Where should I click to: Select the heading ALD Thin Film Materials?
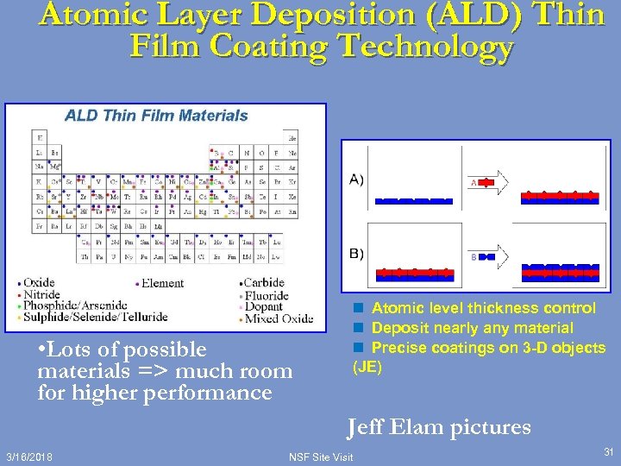point(157,116)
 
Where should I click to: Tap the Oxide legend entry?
point(39,283)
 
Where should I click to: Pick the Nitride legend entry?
point(41,294)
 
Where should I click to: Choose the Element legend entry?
point(163,283)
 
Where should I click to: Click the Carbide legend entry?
point(263,283)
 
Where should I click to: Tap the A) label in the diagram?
point(356,179)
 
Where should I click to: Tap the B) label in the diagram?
point(356,254)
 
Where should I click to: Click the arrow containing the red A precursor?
point(488,182)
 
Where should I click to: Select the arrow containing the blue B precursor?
point(488,256)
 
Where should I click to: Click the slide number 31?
point(608,451)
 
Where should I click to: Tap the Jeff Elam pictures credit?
point(439,427)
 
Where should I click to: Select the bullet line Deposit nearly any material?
point(472,328)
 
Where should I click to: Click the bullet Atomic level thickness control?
point(483,308)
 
